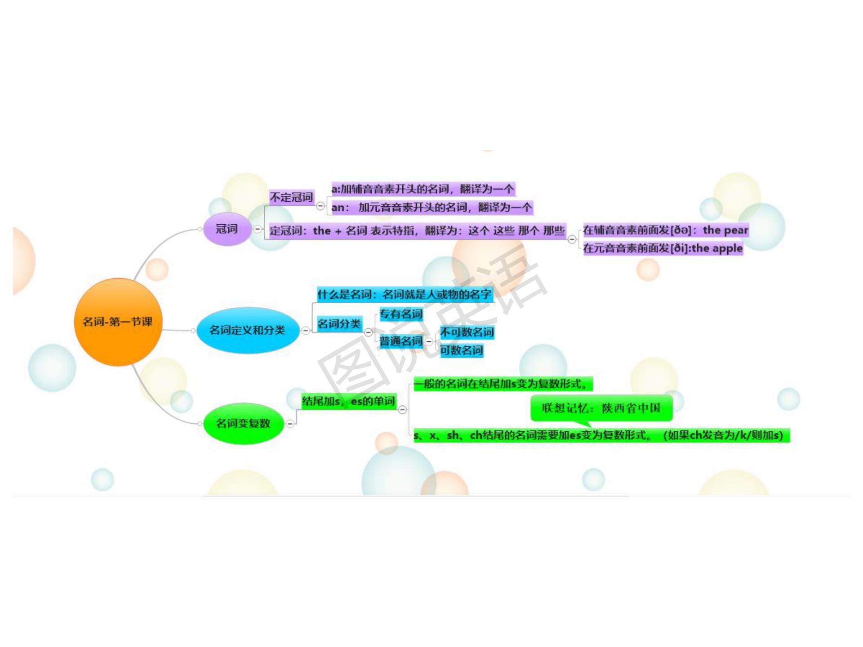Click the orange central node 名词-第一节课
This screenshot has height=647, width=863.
pos(118,322)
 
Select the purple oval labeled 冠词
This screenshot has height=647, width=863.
pos(227,229)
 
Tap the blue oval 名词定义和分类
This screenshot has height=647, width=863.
pos(247,330)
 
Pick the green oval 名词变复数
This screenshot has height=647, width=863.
pos(243,423)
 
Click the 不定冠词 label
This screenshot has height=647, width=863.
pos(291,197)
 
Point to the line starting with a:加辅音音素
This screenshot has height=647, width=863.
pos(422,189)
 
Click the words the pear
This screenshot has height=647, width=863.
pos(725,230)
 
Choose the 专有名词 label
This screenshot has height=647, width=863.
pos(401,314)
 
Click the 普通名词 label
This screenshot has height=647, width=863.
pos(401,341)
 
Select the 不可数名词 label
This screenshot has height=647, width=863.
pos(467,332)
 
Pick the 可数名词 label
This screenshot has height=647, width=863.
pos(461,350)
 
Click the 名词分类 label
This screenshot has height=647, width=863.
pos(339,323)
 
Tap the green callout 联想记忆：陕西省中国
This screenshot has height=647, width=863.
pos(601,408)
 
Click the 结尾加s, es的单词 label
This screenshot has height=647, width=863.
pos(348,401)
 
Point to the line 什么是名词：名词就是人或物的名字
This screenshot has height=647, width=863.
pos(404,295)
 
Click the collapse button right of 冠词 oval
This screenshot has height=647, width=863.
pos(258,229)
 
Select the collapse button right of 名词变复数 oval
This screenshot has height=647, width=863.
pos(290,423)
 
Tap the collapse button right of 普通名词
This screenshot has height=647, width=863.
pos(429,341)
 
